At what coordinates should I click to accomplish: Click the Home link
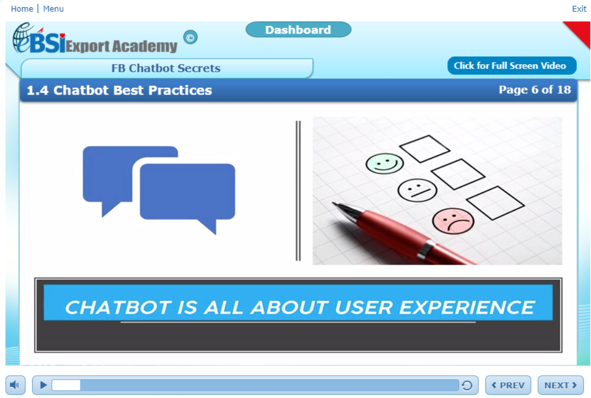click(22, 9)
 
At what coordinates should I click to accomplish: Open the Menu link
click(53, 9)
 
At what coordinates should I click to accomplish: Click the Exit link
click(579, 9)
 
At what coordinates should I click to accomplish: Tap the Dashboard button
click(298, 30)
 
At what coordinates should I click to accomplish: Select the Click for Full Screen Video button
click(512, 66)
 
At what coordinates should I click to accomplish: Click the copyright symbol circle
click(191, 37)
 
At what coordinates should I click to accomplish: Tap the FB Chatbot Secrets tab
click(166, 69)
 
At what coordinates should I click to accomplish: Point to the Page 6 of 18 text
click(534, 90)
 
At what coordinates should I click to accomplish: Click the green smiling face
click(384, 163)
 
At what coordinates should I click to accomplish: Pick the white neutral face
click(417, 190)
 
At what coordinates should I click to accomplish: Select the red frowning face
click(453, 220)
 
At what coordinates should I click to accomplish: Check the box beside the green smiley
click(424, 149)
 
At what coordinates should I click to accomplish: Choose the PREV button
click(508, 386)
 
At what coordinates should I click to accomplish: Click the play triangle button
click(44, 385)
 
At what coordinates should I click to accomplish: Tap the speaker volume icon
click(15, 386)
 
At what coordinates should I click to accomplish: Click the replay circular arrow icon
click(466, 386)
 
